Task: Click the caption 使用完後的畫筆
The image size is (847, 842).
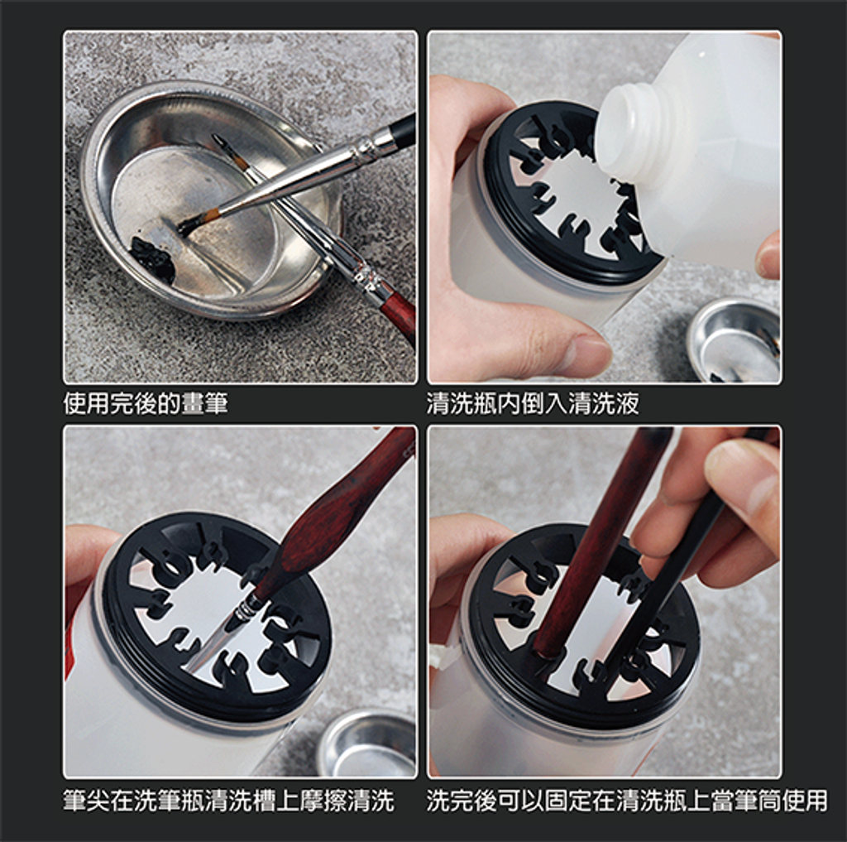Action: pyautogui.click(x=146, y=403)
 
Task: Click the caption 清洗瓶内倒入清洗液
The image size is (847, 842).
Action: pyautogui.click(x=533, y=403)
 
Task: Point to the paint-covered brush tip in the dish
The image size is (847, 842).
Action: pyautogui.click(x=190, y=222)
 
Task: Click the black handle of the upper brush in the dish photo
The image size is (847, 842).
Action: pyautogui.click(x=402, y=130)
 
